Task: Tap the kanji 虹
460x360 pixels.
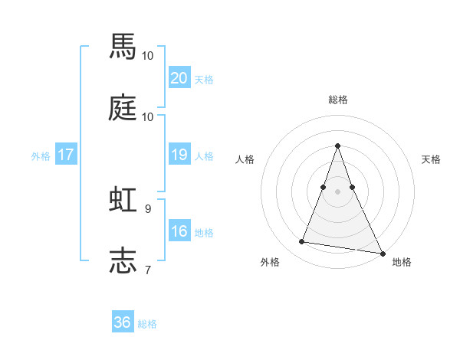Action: click(123, 198)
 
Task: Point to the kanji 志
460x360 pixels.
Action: click(123, 259)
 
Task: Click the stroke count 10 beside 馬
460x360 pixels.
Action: click(148, 56)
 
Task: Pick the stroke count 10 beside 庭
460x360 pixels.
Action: click(148, 116)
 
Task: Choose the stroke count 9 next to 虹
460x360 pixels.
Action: click(148, 208)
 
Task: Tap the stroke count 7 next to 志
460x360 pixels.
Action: click(148, 269)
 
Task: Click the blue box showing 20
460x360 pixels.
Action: click(179, 78)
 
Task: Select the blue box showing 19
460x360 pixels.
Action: click(179, 155)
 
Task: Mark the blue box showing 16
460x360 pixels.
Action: click(179, 231)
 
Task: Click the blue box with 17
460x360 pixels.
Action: click(66, 155)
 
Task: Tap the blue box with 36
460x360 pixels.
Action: click(123, 322)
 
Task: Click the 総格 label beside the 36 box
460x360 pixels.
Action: click(147, 324)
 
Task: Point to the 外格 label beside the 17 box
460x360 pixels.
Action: click(41, 156)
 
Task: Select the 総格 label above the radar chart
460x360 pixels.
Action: click(337, 100)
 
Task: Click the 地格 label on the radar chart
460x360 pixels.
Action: click(402, 262)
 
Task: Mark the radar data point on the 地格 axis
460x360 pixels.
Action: click(382, 254)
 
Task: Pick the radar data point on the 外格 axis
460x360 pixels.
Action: click(301, 242)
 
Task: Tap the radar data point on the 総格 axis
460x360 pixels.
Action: click(337, 146)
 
